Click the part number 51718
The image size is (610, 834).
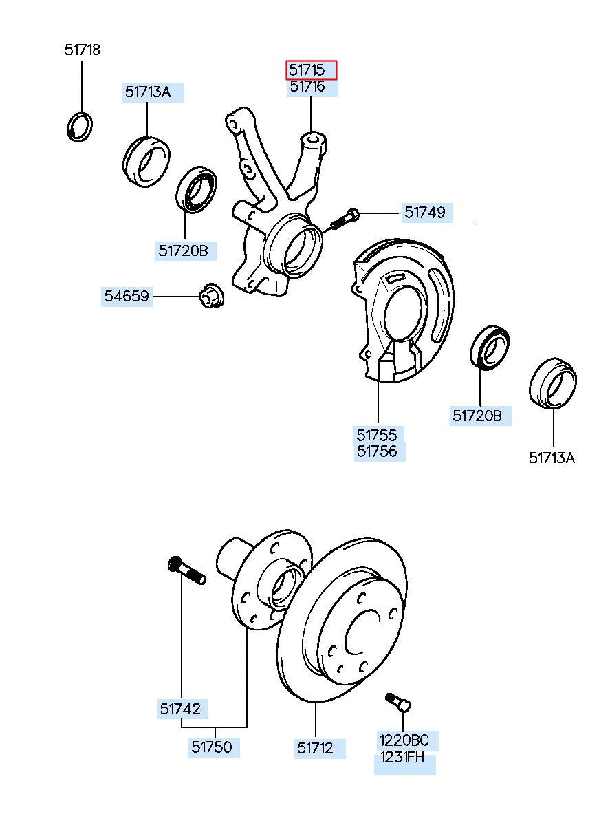[83, 50]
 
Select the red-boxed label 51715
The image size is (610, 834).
[312, 69]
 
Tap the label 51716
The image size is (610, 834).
[312, 87]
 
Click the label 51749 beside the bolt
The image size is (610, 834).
[424, 213]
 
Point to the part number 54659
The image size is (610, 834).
[127, 297]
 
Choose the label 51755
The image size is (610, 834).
[377, 435]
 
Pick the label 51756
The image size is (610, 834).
[377, 451]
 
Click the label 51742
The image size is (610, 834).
[180, 709]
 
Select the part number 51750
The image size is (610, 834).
[212, 747]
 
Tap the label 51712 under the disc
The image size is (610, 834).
[316, 748]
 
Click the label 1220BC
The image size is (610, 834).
[404, 740]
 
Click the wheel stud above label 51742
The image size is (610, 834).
[186, 571]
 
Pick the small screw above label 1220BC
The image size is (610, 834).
[397, 701]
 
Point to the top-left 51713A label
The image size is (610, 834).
[148, 92]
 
